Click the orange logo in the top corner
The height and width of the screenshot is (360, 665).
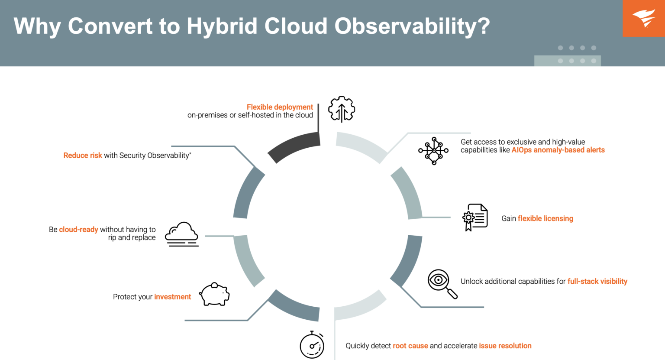643,18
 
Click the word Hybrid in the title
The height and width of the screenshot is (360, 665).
222,26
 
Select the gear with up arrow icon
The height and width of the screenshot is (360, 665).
342,109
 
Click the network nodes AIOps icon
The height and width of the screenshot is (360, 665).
433,151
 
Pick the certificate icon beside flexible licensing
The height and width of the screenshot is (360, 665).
475,217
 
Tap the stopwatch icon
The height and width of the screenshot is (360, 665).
312,345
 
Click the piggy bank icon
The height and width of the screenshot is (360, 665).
214,295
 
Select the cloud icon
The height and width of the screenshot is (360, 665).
182,234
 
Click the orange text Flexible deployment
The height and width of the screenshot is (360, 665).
280,107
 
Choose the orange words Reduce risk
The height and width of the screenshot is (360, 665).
83,156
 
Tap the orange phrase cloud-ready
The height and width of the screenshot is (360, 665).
78,230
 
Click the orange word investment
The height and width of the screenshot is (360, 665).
172,297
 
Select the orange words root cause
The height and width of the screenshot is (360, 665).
410,346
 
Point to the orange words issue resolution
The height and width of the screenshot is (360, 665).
505,346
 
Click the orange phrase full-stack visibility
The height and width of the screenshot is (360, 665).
597,282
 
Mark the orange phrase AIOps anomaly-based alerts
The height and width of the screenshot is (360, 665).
558,150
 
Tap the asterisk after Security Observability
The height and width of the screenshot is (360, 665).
190,153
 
